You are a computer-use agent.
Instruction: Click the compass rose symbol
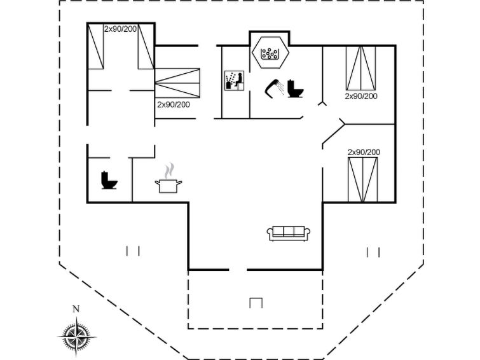[76, 337]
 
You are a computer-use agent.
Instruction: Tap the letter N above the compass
[76, 309]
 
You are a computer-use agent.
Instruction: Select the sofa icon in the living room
[289, 234]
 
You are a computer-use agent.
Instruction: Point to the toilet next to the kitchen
[109, 180]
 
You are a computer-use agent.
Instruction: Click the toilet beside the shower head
[295, 88]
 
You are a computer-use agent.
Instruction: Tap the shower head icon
[275, 88]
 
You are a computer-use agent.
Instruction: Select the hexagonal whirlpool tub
[270, 52]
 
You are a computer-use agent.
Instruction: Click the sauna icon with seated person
[234, 81]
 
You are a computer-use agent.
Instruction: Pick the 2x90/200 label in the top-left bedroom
[120, 29]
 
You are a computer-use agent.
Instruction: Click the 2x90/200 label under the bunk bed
[174, 104]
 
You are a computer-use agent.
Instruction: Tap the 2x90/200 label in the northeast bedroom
[361, 96]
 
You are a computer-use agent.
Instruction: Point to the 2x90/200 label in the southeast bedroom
[364, 152]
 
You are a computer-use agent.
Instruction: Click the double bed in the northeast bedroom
[361, 68]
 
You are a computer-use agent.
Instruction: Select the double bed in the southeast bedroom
[363, 180]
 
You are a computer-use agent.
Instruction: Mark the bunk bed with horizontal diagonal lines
[177, 83]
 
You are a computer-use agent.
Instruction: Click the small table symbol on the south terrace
[256, 303]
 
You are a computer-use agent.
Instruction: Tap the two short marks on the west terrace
[133, 251]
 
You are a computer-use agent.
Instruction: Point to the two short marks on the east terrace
[373, 253]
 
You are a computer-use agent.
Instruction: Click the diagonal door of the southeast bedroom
[333, 134]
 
